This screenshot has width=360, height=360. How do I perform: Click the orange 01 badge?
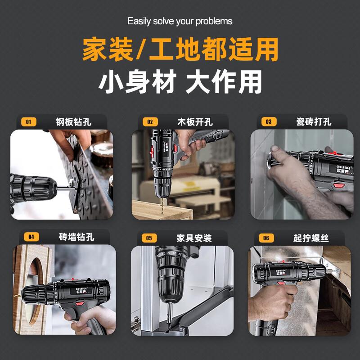[29, 121]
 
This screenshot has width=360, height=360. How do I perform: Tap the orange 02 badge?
[150, 121]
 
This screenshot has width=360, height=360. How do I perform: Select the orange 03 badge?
[269, 121]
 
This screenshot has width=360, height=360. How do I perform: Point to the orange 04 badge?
[31, 237]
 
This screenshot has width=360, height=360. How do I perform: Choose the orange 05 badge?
[149, 238]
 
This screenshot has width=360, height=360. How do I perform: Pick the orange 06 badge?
[266, 238]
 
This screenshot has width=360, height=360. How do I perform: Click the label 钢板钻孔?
[73, 122]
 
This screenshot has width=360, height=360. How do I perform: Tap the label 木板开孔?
[195, 122]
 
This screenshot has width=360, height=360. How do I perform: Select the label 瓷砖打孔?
[314, 121]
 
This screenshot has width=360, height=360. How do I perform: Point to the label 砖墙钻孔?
[76, 237]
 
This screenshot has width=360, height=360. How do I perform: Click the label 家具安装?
[194, 238]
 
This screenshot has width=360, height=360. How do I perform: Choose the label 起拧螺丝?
[311, 238]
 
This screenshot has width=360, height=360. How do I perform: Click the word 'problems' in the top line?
[214, 21]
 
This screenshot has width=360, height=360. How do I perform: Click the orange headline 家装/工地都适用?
[180, 49]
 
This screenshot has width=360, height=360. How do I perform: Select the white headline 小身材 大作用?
[180, 82]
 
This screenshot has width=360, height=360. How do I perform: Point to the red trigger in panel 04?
[80, 303]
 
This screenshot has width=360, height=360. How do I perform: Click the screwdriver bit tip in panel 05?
[170, 323]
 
